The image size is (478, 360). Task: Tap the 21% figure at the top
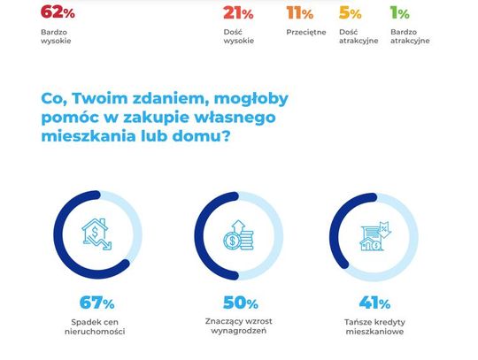(238, 13)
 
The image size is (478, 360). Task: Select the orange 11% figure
(300, 13)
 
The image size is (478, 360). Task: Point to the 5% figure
(351, 13)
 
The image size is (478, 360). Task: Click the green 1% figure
(400, 13)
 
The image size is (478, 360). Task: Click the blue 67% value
(97, 303)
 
